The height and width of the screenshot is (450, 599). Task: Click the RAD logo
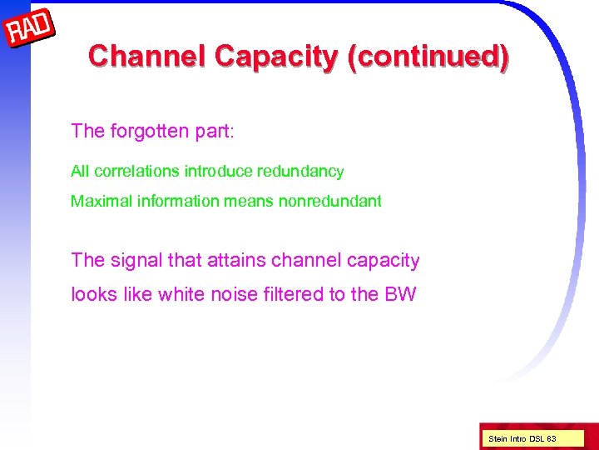click(30, 30)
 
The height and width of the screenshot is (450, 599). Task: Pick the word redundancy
click(301, 172)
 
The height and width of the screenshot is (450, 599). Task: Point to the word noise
click(230, 294)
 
